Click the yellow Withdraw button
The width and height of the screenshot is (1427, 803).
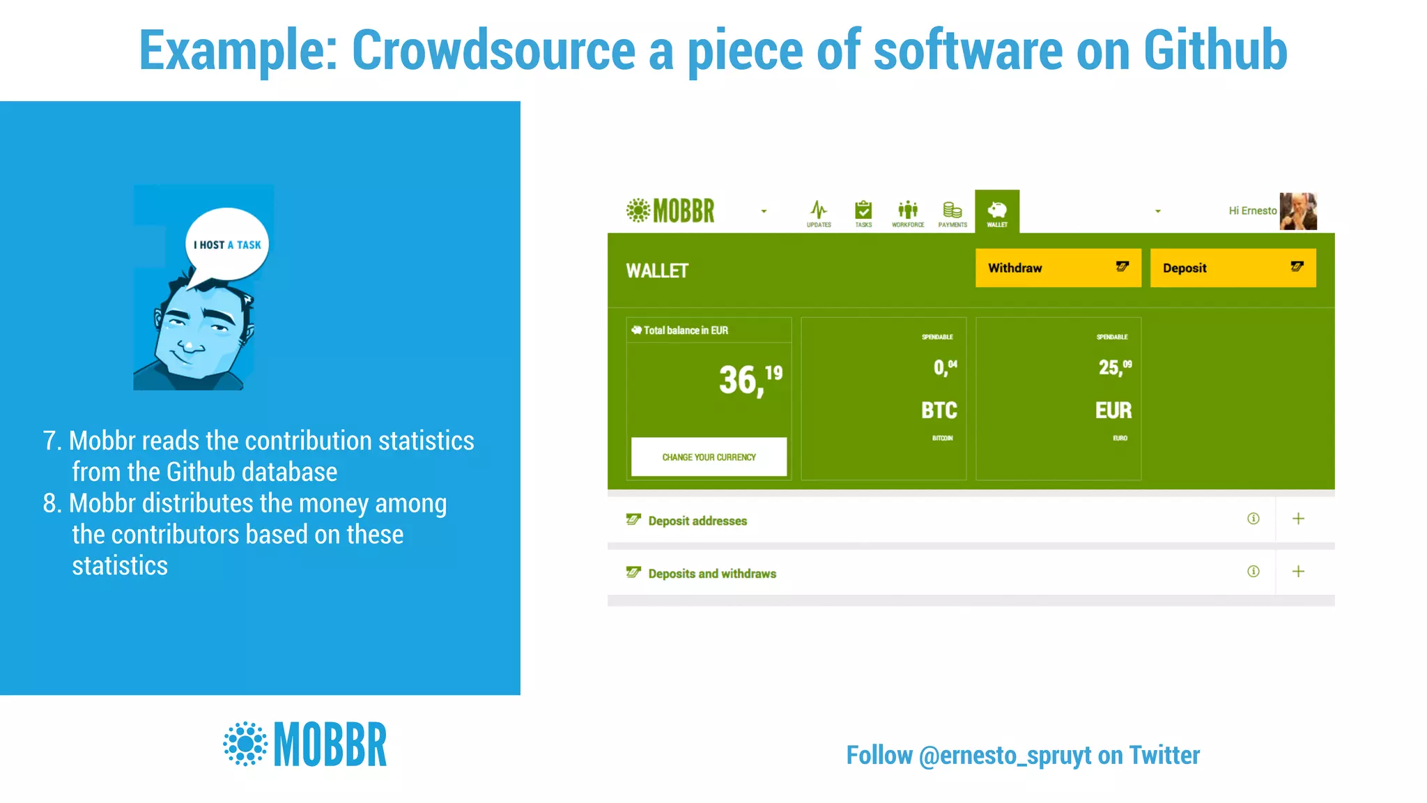(1058, 268)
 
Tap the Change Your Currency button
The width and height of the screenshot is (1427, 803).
(709, 457)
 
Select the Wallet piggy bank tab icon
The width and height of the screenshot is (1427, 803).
(997, 210)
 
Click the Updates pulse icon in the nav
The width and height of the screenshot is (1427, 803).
(819, 210)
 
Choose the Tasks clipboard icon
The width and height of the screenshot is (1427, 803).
(863, 210)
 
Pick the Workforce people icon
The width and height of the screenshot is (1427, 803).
(908, 210)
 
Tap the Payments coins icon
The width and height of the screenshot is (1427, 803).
(952, 210)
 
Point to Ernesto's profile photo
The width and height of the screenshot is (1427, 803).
(1298, 211)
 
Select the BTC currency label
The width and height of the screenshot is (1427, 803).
(939, 411)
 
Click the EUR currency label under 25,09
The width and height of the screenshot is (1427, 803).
(1113, 411)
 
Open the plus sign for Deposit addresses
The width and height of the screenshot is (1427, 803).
(1298, 519)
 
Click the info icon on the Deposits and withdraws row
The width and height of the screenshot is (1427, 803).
(1253, 572)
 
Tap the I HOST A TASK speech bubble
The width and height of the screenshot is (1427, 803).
(227, 245)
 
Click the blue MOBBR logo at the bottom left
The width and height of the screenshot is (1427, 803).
(305, 744)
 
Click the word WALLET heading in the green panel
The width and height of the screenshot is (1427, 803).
(656, 271)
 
